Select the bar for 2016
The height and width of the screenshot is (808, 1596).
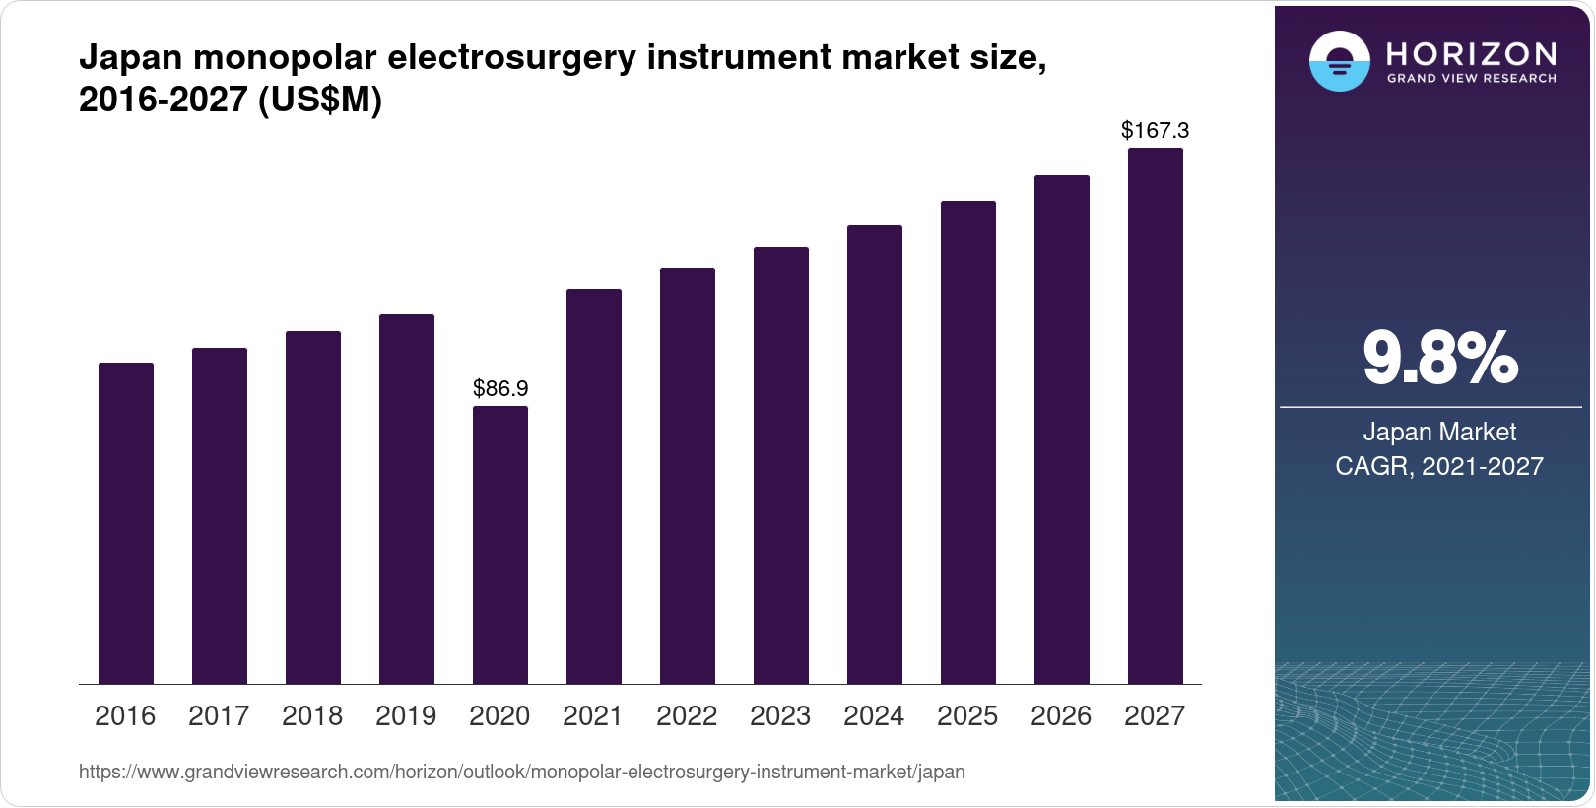point(126,523)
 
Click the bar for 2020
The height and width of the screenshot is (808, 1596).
point(500,545)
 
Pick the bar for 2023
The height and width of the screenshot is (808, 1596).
point(781,465)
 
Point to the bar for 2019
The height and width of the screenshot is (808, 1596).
point(407,499)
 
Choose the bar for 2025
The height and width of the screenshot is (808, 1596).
point(968,442)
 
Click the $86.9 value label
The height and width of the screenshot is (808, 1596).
point(500,388)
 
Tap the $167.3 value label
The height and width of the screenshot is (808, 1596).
point(1156,130)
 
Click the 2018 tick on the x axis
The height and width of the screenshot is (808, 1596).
point(312,715)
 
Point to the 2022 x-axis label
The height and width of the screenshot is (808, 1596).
point(687,715)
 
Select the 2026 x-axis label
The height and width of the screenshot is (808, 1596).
point(1061,715)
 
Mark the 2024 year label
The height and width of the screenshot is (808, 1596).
point(874,715)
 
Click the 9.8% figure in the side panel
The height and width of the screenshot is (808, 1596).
point(1439,359)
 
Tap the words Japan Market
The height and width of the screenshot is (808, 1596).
point(1439,432)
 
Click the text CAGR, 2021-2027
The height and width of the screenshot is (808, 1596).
point(1439,466)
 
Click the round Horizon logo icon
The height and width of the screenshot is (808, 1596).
point(1339,61)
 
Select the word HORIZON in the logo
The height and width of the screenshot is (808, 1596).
point(1471,53)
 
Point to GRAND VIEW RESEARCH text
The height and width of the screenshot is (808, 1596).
point(1471,78)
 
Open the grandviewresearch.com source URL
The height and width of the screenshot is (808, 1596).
point(522,772)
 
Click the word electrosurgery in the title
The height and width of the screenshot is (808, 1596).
point(512,57)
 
